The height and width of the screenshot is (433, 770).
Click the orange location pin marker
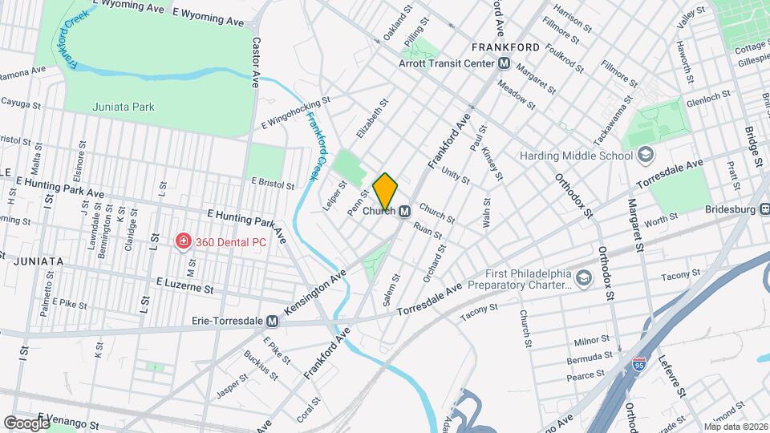pos(386,190)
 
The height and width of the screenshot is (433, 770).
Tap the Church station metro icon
pos(406,211)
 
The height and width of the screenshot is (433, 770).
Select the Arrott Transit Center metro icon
pos(504,63)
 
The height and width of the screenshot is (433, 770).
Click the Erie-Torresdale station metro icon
pos(273,321)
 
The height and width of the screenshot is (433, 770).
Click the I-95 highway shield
pos(639,364)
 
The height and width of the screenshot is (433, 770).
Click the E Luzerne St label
pos(185,285)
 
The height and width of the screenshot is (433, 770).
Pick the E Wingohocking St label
pos(296,114)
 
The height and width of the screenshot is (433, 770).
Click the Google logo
pos(26,423)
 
